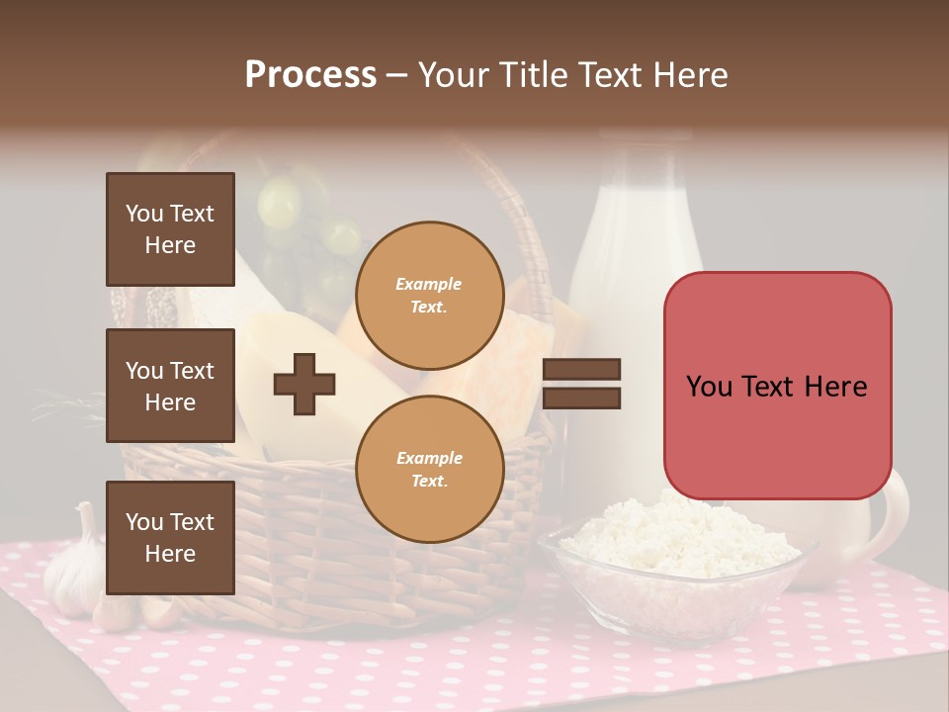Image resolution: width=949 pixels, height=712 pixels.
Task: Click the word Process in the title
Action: [x=310, y=75]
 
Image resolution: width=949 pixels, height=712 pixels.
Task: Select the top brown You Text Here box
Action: [x=170, y=229]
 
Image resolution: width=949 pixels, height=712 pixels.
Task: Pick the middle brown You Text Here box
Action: [x=170, y=386]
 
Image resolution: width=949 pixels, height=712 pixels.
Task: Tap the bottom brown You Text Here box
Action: [x=170, y=537]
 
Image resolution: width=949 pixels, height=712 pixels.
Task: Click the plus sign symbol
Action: [x=304, y=383]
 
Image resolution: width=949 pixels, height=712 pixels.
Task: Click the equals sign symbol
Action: [x=581, y=384]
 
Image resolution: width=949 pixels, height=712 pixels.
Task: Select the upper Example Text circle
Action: [x=429, y=296]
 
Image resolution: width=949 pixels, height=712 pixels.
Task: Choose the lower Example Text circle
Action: [x=429, y=470]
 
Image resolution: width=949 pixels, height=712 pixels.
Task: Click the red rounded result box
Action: [x=777, y=386]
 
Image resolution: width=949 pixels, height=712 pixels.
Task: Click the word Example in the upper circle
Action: [x=429, y=284]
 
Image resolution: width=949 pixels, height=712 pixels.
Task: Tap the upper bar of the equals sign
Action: [x=581, y=369]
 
